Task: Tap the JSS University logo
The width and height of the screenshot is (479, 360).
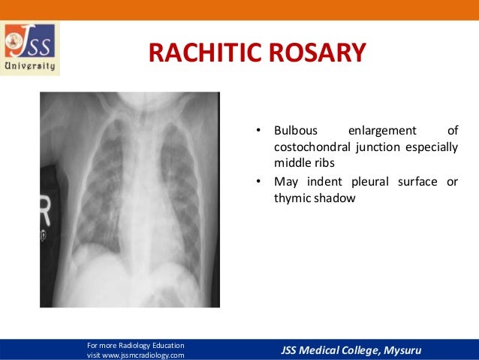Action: [31, 49]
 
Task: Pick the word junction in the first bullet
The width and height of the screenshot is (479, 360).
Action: [373, 147]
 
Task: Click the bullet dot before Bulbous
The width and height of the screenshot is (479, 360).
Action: [258, 132]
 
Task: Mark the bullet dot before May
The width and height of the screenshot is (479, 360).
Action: [258, 183]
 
